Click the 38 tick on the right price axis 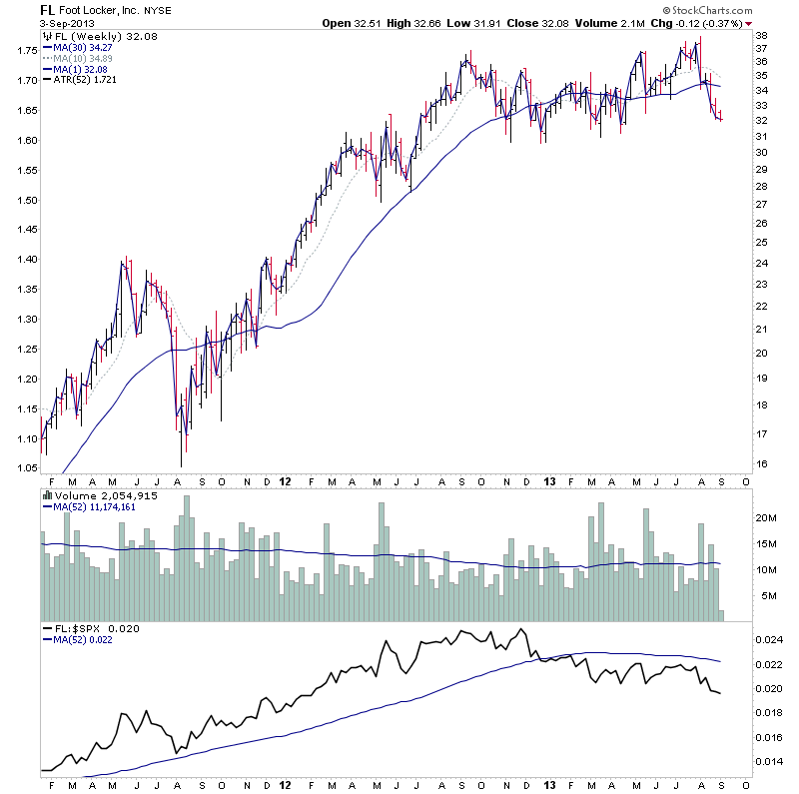(762, 35)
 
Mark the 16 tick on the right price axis (762, 463)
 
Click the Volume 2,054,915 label (96, 494)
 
